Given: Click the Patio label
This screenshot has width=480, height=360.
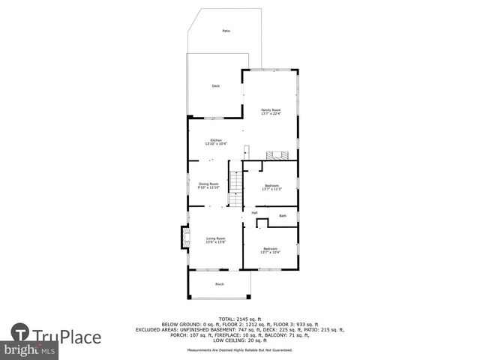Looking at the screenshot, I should (226, 31).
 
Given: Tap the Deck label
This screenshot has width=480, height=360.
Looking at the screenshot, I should (215, 86).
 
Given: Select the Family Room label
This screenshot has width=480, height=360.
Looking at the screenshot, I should (270, 110).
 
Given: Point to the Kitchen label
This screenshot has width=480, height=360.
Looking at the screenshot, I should (216, 140).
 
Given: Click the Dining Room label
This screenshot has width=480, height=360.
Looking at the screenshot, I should (208, 184).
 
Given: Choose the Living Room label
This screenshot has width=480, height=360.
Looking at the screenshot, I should (215, 238).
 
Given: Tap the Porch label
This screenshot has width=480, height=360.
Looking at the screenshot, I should (220, 284).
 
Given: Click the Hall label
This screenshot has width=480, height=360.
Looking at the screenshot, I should (255, 213).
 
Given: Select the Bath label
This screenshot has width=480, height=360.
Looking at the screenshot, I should (283, 216).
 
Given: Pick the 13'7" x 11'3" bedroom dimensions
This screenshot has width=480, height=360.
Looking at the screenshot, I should (271, 189).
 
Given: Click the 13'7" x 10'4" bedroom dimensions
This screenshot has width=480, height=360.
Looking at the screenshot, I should (270, 252).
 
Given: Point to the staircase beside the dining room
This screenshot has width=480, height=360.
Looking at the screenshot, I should (235, 181).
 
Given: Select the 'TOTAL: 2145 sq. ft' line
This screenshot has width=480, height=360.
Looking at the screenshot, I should (240, 319).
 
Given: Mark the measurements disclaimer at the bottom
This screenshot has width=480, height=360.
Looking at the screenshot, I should (240, 349).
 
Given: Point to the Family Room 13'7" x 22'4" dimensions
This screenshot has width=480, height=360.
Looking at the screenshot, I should (270, 114).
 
